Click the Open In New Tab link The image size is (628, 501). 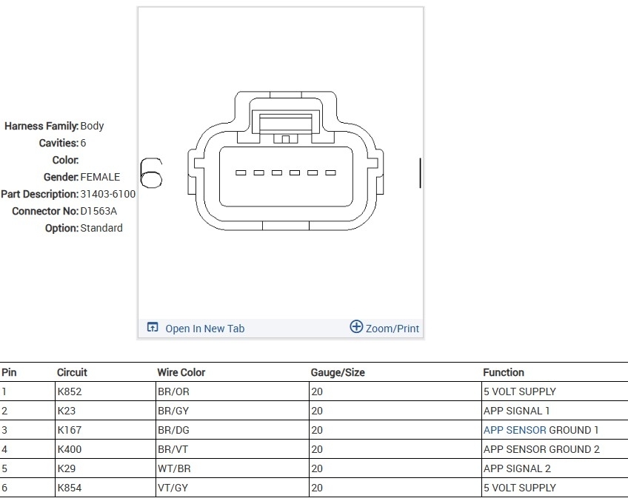pos(204,329)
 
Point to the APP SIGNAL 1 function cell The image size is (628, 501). pos(516,411)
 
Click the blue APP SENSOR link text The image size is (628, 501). pos(515,430)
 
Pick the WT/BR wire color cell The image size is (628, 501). pos(173,468)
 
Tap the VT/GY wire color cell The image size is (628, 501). pos(173,488)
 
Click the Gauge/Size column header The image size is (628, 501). pos(338,372)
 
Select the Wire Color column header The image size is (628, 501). pos(181,372)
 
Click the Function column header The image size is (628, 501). pos(504,372)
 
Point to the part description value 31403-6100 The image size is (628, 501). pos(108,194)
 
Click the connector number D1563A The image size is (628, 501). pos(98,211)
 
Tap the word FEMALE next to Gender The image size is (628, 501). pos(100,177)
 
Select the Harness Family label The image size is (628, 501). pos(41,126)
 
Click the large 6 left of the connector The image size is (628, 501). pos(151,173)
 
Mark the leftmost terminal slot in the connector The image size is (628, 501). pos(241,173)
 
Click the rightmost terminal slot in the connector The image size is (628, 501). pos(330,173)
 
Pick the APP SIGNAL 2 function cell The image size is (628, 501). pos(517,468)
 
